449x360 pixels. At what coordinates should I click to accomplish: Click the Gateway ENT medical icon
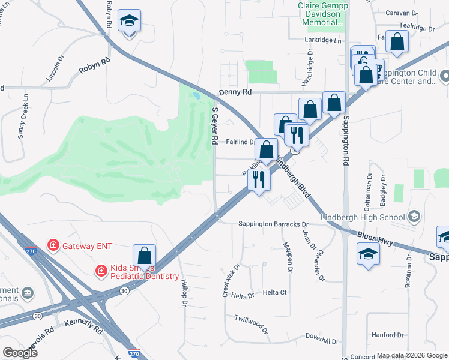pos(53,245)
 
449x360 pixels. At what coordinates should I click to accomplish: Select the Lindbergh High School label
pos(363,216)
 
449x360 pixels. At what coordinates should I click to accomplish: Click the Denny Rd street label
pos(235,92)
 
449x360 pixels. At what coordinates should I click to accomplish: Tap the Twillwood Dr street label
pos(251,322)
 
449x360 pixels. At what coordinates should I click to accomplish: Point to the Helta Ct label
pos(275,292)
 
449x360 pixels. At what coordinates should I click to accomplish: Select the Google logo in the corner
pos(19,352)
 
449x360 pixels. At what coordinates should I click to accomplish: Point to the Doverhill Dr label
pos(322,338)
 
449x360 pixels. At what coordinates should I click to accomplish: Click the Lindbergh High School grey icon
pos(413,216)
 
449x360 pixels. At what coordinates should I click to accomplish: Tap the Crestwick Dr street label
pos(231,281)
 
